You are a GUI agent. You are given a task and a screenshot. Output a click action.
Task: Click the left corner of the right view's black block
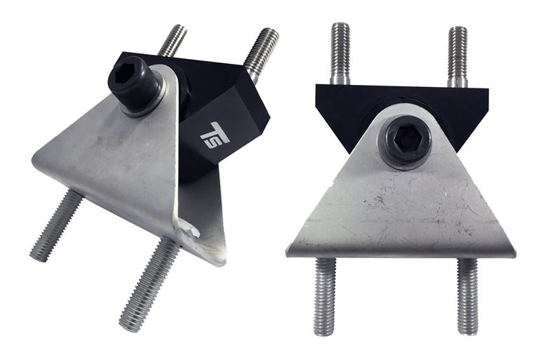[x=318, y=88]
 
